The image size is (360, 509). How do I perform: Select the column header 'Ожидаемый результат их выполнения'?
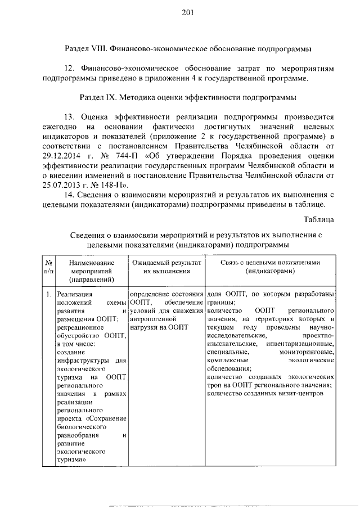tap(166, 267)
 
